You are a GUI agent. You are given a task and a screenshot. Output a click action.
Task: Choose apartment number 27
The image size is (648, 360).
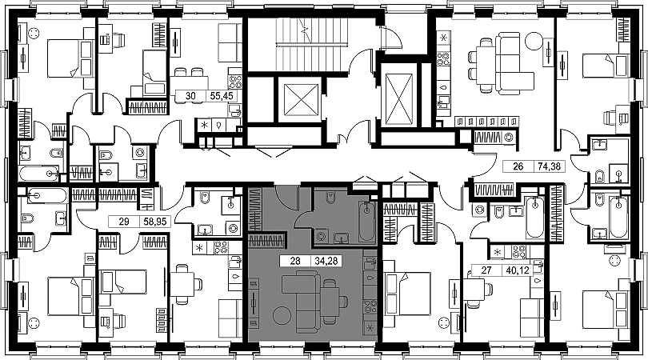(x=485, y=270)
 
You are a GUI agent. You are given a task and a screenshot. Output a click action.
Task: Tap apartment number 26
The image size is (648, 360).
(x=518, y=168)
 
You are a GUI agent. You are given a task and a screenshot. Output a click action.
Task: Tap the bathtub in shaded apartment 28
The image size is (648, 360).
(x=366, y=222)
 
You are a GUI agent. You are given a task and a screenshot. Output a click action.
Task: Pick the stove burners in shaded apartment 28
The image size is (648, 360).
(x=370, y=306)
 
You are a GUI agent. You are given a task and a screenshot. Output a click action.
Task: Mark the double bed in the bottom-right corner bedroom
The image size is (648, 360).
(x=600, y=308)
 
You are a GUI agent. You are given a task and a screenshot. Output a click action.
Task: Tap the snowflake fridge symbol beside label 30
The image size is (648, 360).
(x=205, y=126)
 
